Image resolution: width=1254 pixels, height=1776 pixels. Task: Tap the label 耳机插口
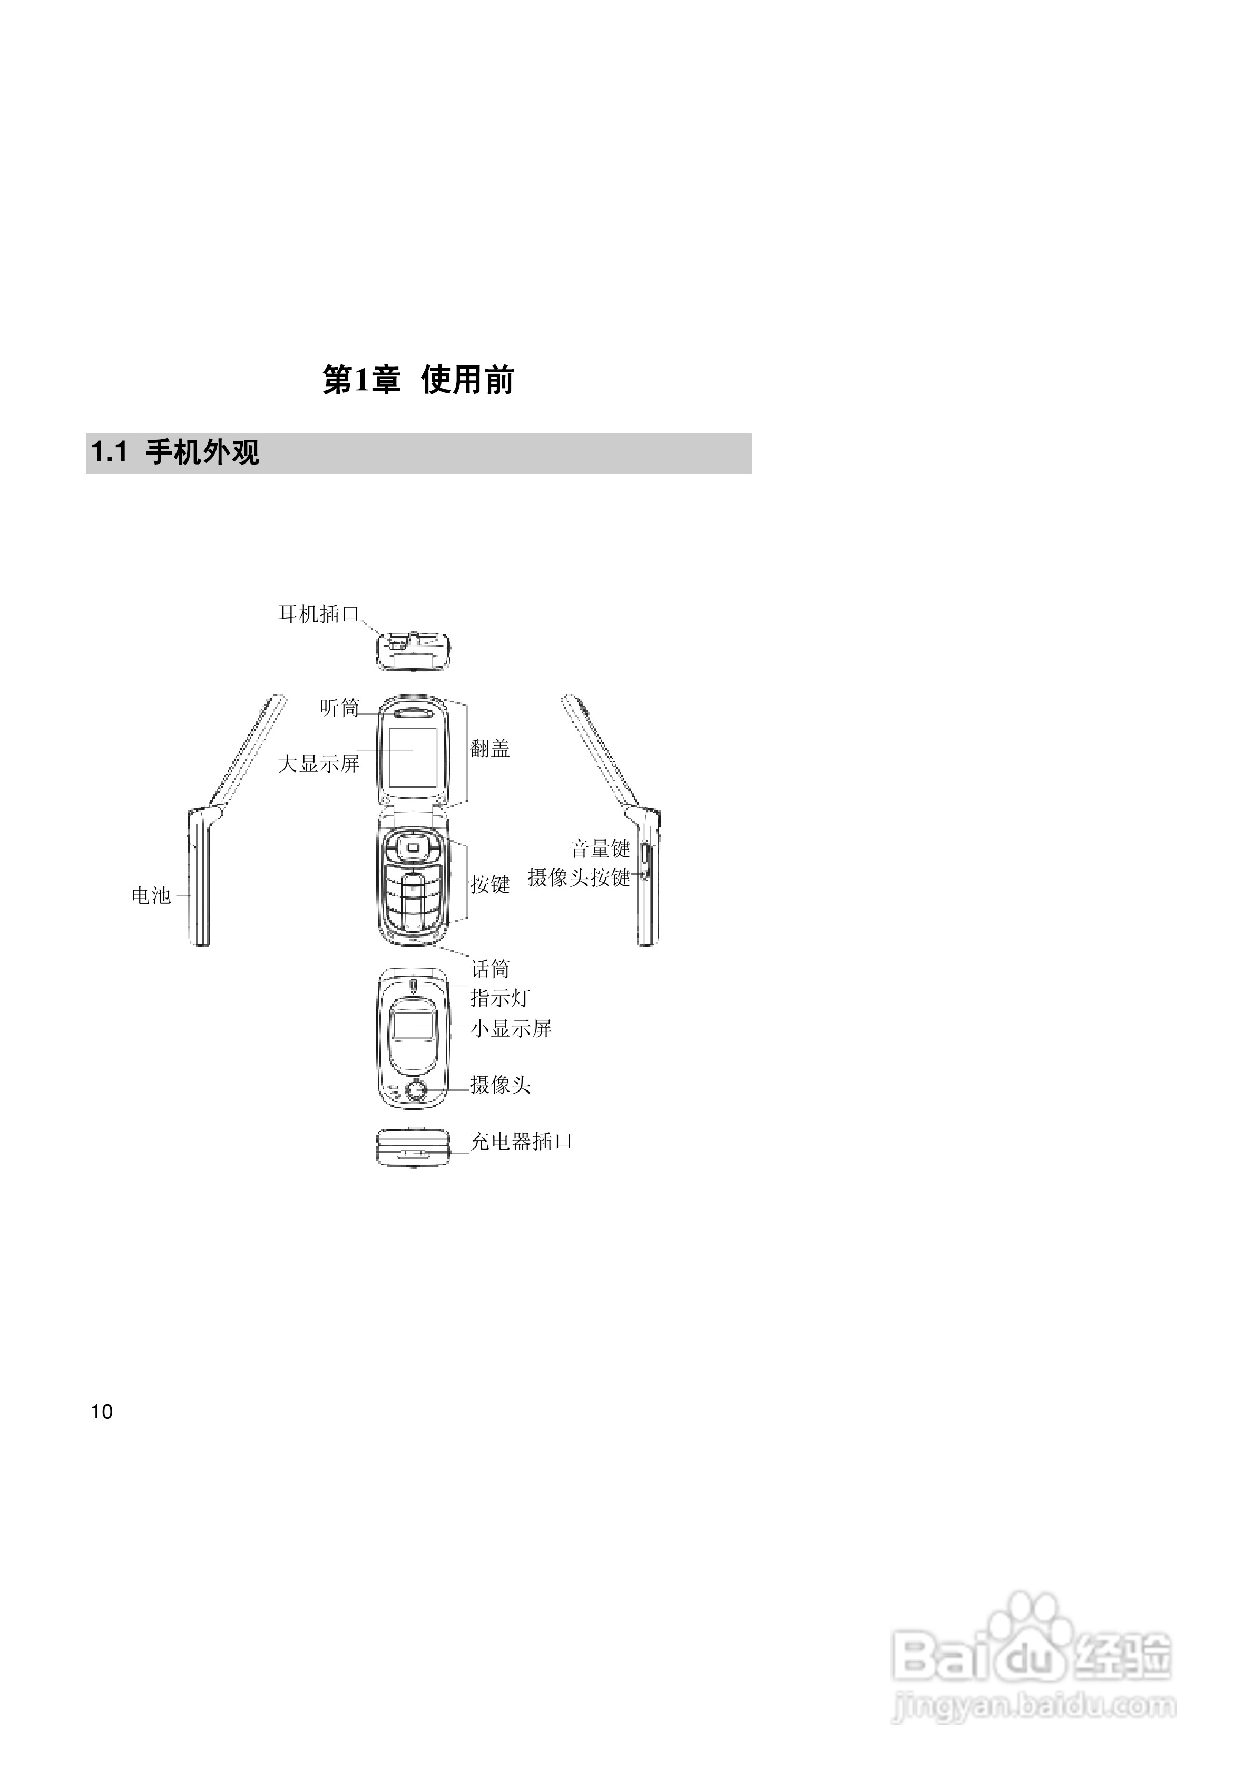319,614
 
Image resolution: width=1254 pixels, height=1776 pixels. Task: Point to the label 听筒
339,708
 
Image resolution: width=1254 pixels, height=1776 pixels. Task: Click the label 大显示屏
319,764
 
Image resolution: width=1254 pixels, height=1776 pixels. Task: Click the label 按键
490,884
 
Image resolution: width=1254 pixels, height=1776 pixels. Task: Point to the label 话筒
490,969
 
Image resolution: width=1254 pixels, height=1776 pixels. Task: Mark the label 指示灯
500,998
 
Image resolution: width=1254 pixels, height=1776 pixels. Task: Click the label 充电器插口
521,1142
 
